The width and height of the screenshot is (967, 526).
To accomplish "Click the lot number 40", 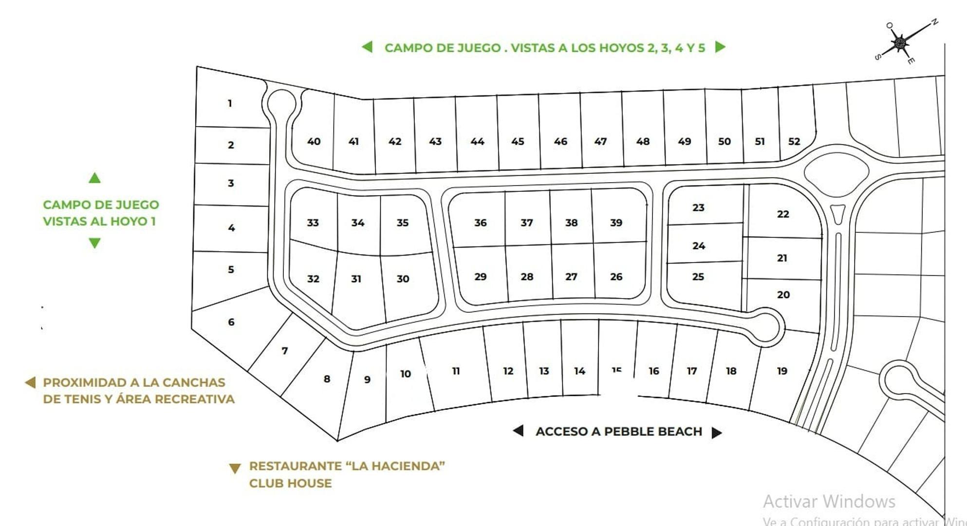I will click(x=314, y=141).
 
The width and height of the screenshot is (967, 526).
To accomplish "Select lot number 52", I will click(x=794, y=141).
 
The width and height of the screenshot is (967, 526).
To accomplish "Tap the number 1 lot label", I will click(x=230, y=103).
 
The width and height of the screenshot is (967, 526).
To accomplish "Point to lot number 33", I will click(x=313, y=223).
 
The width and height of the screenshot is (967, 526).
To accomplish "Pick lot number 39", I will click(x=616, y=223).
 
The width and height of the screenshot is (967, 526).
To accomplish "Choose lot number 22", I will click(x=782, y=214).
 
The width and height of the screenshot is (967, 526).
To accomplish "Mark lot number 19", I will click(x=782, y=371).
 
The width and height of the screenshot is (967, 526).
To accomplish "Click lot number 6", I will click(x=231, y=322).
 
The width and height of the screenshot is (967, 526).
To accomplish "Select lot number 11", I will click(x=456, y=371).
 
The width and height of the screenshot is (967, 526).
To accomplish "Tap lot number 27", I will click(x=571, y=277).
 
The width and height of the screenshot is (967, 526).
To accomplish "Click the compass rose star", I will click(x=899, y=43).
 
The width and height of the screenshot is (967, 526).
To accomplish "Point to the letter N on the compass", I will click(x=934, y=22).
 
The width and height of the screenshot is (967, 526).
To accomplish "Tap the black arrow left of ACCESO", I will click(x=519, y=431).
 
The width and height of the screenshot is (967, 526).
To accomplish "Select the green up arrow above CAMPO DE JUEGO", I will click(x=94, y=178).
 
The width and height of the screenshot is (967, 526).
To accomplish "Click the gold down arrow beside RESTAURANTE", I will click(x=235, y=469).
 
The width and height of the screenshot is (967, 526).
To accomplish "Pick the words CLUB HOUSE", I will click(x=290, y=483).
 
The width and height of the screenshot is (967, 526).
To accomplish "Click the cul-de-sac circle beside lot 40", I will click(x=281, y=102).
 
